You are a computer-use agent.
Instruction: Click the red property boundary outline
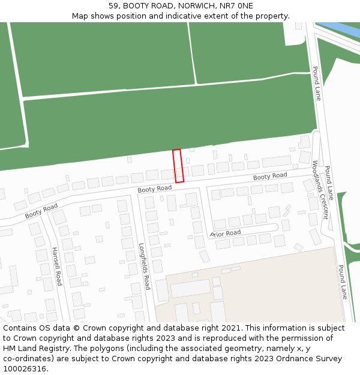point(178,166)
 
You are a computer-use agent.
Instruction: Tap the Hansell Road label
point(56,266)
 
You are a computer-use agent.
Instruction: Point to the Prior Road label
point(226,233)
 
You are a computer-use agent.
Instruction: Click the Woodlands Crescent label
point(320,190)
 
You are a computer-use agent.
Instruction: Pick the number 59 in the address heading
point(113,5)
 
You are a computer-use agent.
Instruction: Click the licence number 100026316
point(23,369)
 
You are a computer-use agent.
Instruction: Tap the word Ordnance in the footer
point(281,359)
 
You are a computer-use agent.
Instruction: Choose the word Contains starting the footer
point(20,328)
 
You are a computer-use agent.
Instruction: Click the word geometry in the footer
point(254,349)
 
